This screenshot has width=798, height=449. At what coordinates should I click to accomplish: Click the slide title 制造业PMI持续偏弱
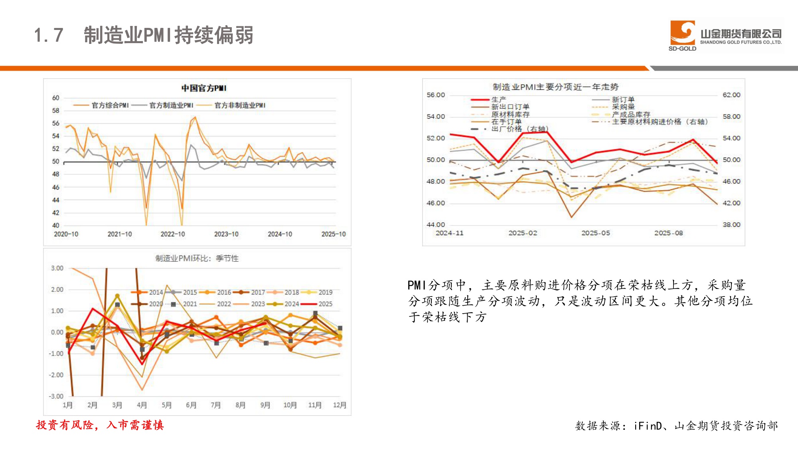pos(168,35)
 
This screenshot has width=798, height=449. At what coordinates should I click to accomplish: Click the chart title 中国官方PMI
pos(204,88)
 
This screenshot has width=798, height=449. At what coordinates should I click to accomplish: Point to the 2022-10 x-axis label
pos(173,234)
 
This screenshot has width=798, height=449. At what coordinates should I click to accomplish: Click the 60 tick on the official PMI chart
pos(55,98)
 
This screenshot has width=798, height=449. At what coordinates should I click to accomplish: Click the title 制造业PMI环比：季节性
pos(197,258)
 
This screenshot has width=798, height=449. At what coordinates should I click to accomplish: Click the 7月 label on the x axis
pos(216,405)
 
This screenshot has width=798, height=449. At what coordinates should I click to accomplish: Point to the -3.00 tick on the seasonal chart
pos(56,396)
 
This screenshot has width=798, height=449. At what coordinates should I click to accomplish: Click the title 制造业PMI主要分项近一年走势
pos(555,87)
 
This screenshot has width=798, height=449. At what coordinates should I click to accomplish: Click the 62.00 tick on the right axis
pos(731,95)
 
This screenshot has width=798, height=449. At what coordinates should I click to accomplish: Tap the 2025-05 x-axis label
pos(595,233)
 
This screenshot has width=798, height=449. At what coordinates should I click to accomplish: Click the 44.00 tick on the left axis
pos(435,225)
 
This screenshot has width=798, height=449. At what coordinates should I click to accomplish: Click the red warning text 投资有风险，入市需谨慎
pos(100,425)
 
